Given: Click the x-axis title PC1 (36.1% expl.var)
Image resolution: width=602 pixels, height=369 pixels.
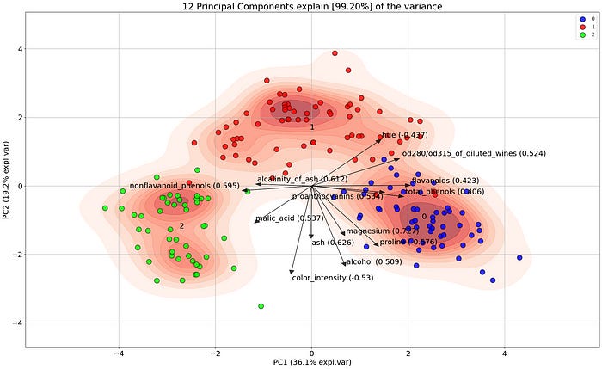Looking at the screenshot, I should (311, 362).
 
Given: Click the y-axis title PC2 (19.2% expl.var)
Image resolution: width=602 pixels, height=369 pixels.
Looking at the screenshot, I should (7, 185).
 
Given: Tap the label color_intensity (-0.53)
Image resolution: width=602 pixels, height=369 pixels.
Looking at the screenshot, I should (331, 278).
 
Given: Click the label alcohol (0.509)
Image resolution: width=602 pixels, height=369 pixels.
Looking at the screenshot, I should (372, 261).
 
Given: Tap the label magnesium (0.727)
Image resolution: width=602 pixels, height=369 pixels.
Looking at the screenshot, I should (382, 231).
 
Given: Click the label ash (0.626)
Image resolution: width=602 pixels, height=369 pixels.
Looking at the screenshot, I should (332, 243).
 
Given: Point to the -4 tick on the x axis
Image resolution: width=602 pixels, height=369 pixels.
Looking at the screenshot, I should (120, 354).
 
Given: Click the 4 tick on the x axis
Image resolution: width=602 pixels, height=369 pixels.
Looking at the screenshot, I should (505, 354).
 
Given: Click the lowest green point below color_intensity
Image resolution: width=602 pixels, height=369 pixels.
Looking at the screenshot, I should (261, 305).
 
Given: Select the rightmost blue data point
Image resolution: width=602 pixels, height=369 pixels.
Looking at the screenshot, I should (519, 257).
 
